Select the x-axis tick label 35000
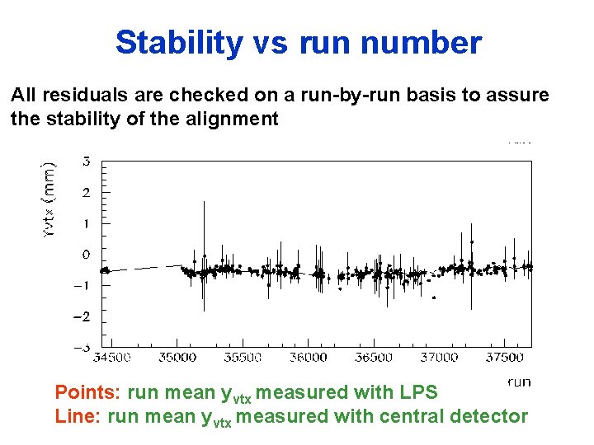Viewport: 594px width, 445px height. (177, 357)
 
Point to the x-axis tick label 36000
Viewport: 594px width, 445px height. (308, 357)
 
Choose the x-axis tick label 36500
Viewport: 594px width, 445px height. (373, 357)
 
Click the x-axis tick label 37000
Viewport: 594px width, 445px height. (439, 357)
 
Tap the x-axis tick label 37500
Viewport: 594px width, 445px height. (504, 357)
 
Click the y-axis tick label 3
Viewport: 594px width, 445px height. (87, 161)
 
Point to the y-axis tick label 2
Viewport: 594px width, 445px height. (87, 192)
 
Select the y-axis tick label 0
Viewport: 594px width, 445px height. (87, 255)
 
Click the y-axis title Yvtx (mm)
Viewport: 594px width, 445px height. (49, 199)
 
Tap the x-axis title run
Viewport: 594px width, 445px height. (519, 381)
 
